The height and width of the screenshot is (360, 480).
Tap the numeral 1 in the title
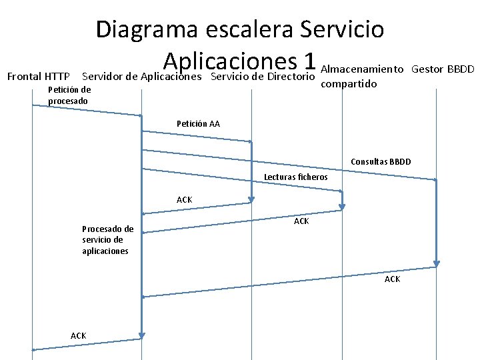[307, 61]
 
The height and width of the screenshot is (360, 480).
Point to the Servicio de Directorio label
[262, 77]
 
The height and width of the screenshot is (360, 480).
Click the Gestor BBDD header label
[443, 69]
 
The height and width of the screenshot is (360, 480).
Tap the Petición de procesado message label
[69, 95]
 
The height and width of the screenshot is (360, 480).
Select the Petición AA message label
[198, 124]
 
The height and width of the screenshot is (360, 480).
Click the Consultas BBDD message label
[381, 162]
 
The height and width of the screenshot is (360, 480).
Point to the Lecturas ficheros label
[296, 177]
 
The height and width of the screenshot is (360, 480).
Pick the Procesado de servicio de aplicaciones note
[107, 240]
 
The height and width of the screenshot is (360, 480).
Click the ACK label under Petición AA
[184, 200]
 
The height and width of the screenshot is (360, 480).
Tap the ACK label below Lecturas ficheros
[301, 221]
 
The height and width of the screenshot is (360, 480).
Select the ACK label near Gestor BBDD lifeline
[392, 279]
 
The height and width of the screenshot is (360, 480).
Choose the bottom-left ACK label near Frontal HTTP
[78, 335]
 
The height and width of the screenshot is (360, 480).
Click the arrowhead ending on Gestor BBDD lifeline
[435, 180]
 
